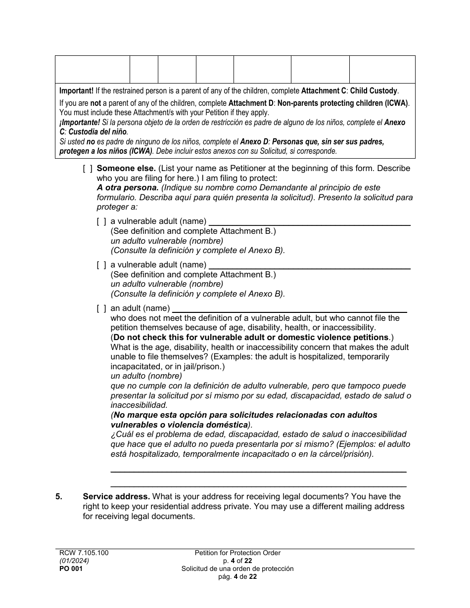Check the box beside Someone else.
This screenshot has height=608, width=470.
(x=88, y=169)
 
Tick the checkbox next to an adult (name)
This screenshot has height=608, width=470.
(x=101, y=308)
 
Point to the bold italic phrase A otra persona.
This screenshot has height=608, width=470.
(x=128, y=188)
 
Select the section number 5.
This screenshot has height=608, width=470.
(x=59, y=496)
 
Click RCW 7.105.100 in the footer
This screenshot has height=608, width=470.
(x=82, y=553)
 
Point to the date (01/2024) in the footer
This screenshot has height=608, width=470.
(x=71, y=561)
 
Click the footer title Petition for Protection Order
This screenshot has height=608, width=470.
(x=237, y=553)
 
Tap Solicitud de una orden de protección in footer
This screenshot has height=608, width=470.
(x=237, y=569)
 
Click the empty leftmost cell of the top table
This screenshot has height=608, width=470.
(x=92, y=69)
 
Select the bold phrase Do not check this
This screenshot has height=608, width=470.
(x=146, y=337)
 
